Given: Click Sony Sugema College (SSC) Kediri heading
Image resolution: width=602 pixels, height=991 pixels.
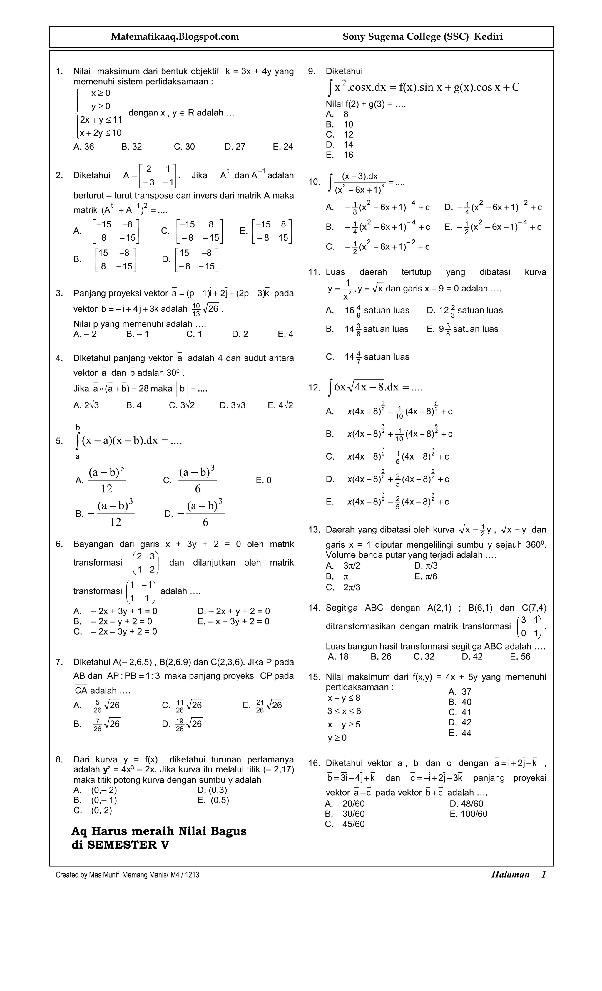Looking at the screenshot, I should pyautogui.click(x=422, y=37).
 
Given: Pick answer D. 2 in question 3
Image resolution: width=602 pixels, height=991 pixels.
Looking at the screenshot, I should pyautogui.click(x=240, y=334).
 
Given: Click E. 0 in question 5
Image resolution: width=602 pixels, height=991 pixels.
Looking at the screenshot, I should pyautogui.click(x=264, y=480).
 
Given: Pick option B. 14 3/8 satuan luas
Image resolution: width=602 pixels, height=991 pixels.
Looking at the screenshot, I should pyautogui.click(x=367, y=329).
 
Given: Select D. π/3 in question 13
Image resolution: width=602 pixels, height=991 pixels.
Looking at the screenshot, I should pyautogui.click(x=426, y=566).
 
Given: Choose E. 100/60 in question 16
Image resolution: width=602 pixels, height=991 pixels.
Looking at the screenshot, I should pyautogui.click(x=468, y=814).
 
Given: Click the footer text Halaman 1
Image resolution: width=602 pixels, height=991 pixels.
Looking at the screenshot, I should pyautogui.click(x=518, y=874).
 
